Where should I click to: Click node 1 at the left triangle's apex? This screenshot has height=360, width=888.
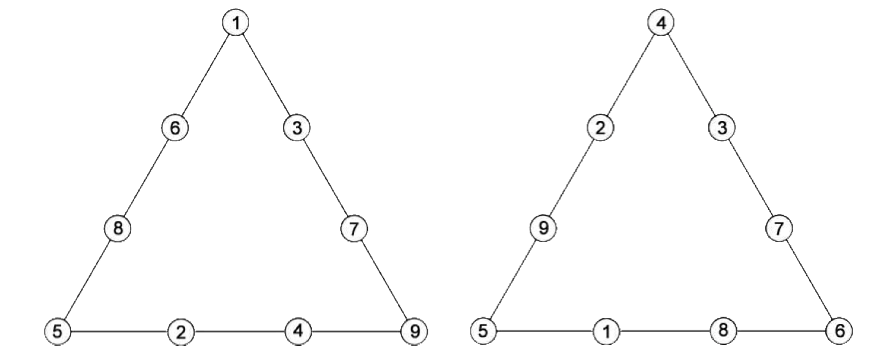coord(236,23)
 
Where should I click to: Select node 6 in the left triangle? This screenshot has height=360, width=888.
coord(175,128)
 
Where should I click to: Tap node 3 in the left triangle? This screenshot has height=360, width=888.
coord(297,128)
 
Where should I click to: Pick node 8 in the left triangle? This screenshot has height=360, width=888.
coord(117,228)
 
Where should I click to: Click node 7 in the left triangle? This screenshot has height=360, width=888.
coord(354,228)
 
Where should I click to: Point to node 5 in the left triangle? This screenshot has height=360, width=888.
coord(58,331)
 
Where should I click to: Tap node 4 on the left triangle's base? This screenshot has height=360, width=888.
coord(298,330)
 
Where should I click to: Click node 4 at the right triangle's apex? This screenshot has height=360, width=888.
coord(661,23)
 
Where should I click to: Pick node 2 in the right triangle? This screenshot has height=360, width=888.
coord(600,128)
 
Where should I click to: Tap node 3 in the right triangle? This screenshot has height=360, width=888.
coord(722,128)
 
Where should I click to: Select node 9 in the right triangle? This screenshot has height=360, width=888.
coord(543,228)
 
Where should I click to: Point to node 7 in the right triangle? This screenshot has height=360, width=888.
coord(779,228)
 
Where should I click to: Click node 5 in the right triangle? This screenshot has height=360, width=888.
coord(483,331)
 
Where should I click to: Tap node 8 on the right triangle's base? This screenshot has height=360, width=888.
coord(723,330)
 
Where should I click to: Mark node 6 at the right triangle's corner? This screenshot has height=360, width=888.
coord(839,331)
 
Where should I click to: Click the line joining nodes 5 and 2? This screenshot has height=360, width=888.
coord(119,331)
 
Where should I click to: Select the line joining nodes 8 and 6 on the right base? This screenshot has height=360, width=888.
coord(781,331)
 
